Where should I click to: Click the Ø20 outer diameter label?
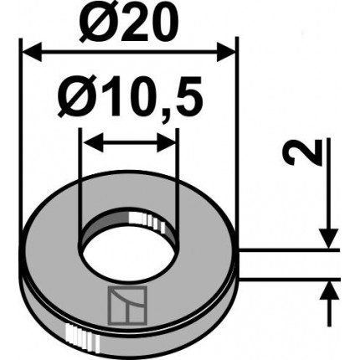point(128,23)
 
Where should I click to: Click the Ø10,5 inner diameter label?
point(130,97)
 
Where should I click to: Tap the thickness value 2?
point(305,152)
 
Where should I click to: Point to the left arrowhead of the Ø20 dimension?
point(32,52)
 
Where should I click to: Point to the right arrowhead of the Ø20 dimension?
point(226,52)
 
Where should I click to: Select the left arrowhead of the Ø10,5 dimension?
point(93,142)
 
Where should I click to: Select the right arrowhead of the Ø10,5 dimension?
point(167,142)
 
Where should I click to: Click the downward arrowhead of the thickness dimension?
point(329,238)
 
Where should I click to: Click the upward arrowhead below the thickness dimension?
point(329,291)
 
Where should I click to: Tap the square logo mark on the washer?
point(127,306)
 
